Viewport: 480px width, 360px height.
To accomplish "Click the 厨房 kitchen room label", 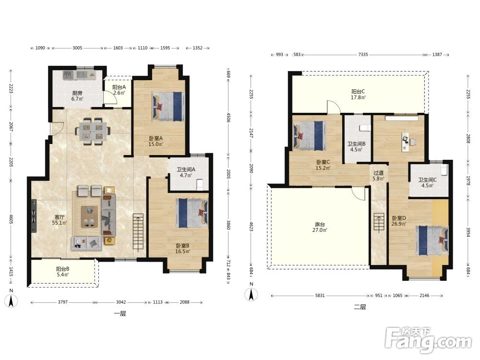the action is tap(77, 96).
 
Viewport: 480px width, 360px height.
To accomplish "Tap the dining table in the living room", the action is tap(93, 132).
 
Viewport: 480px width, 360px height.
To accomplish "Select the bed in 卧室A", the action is tap(168, 106).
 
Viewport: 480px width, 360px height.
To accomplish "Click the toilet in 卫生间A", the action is tap(199, 184).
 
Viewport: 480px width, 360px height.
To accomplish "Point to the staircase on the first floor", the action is tap(138, 232).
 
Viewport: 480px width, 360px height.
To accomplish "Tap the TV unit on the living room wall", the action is tap(34, 216).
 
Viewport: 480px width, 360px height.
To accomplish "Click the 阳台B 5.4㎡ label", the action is tap(62, 272).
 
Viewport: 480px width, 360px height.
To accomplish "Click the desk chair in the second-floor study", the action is tap(413, 142).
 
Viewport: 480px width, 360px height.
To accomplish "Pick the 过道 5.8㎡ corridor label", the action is tap(378, 176).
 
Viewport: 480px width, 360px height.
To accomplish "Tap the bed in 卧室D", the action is tap(432, 240).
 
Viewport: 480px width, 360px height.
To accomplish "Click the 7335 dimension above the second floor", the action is tap(363, 55).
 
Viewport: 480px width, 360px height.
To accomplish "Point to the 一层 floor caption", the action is tap(120, 313).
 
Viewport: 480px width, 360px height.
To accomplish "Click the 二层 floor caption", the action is tap(360, 307).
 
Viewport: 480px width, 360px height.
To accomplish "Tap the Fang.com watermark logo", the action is tap(429, 339).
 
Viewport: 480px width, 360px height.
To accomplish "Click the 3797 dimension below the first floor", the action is tap(63, 302).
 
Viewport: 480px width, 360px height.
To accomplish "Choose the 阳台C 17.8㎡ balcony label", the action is tap(358, 94).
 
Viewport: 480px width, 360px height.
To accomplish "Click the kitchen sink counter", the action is tap(80, 75).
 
